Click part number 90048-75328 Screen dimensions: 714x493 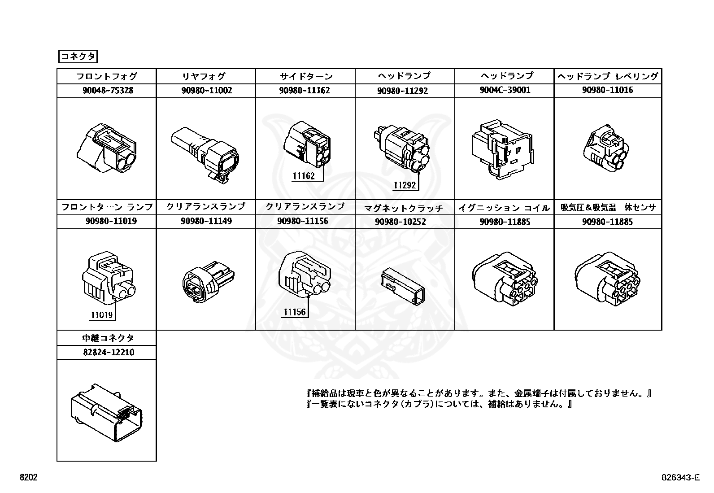[x=108, y=90]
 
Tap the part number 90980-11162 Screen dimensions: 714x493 [x=305, y=90]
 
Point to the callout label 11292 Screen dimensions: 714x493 [x=405, y=185]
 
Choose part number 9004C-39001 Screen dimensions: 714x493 [x=505, y=90]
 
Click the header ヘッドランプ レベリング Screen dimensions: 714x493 [x=608, y=76]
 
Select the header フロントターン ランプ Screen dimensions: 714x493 [x=107, y=207]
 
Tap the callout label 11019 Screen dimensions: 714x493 [x=102, y=315]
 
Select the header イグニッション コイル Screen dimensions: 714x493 [x=505, y=208]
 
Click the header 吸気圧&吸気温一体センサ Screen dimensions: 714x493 [x=608, y=207]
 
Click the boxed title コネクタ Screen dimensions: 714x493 [x=78, y=57]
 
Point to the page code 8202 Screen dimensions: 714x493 [x=28, y=478]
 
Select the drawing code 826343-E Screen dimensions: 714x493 [x=680, y=478]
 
